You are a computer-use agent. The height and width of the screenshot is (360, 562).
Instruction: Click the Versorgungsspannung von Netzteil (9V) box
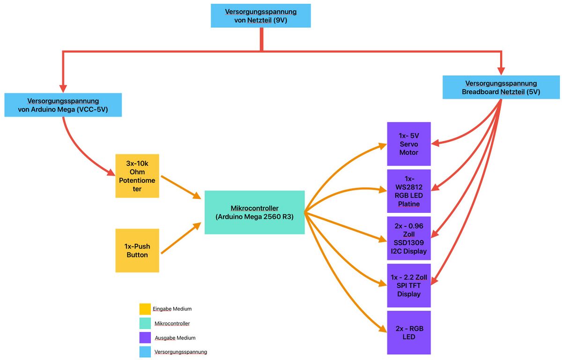260,15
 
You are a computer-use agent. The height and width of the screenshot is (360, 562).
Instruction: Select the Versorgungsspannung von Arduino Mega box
63,105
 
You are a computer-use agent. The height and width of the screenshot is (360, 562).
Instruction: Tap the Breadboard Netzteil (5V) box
501,88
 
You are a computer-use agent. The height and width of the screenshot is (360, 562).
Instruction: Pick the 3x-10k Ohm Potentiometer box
137,176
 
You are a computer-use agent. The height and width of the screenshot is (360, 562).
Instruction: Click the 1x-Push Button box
137,251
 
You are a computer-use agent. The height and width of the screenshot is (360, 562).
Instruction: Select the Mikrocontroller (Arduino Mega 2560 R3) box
254,212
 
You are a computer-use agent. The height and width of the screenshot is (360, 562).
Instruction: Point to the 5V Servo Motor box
408,144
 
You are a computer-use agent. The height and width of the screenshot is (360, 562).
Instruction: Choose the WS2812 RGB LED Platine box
408,191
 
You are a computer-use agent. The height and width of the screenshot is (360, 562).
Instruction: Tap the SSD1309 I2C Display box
408,238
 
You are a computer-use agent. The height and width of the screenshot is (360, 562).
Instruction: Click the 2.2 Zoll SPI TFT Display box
408,285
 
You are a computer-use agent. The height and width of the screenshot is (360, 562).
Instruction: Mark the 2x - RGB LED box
408,332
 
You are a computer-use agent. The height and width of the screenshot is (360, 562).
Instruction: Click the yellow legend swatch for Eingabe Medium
145,309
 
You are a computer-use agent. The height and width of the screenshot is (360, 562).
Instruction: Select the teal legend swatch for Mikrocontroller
145,323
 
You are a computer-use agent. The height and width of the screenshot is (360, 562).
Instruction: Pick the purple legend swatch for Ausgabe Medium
145,338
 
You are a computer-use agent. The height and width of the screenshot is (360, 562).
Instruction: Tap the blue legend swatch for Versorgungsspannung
145,352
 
